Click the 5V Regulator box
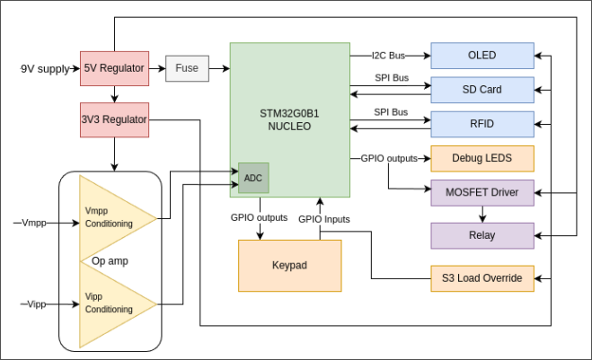(113, 68)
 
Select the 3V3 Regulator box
(113, 119)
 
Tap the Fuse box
(187, 68)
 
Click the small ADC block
(253, 178)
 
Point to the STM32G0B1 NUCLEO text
(289, 119)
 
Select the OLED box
(482, 56)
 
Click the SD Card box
(482, 90)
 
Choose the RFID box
(482, 124)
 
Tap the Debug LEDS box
(482, 158)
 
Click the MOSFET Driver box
(482, 192)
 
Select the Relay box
(482, 235)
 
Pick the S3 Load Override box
(482, 278)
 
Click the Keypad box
(289, 266)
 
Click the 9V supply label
(44, 68)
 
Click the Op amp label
(110, 261)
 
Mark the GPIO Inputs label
(324, 218)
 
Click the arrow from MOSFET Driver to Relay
(482, 214)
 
